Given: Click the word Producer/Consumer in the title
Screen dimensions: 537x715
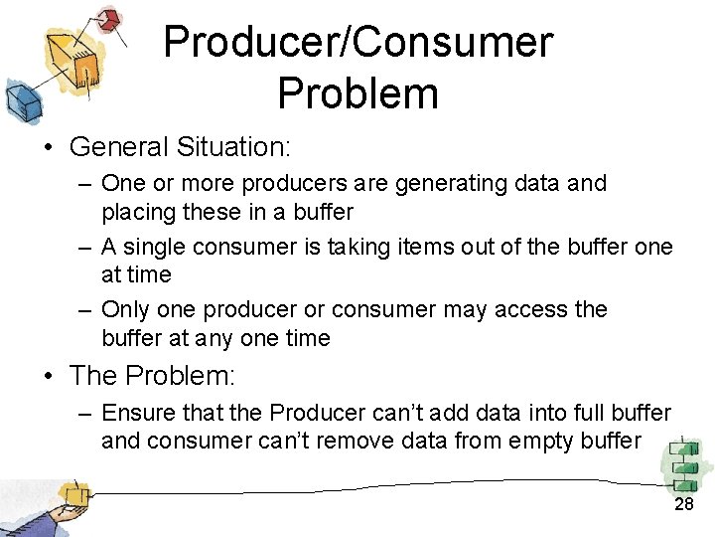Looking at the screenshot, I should pos(357,43).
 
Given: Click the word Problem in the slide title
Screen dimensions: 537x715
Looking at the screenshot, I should pos(357,93).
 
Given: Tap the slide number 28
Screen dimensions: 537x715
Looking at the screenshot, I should pos(684,505).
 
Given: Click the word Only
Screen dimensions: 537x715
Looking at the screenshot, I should pos(124,309).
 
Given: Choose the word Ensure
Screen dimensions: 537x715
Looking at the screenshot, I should pos(136,412).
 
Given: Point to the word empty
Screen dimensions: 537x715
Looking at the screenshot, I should pos(539,441).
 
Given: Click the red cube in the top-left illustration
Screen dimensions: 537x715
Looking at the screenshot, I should pos(109,19).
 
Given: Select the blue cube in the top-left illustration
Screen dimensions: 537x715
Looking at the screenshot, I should pos(19,99).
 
